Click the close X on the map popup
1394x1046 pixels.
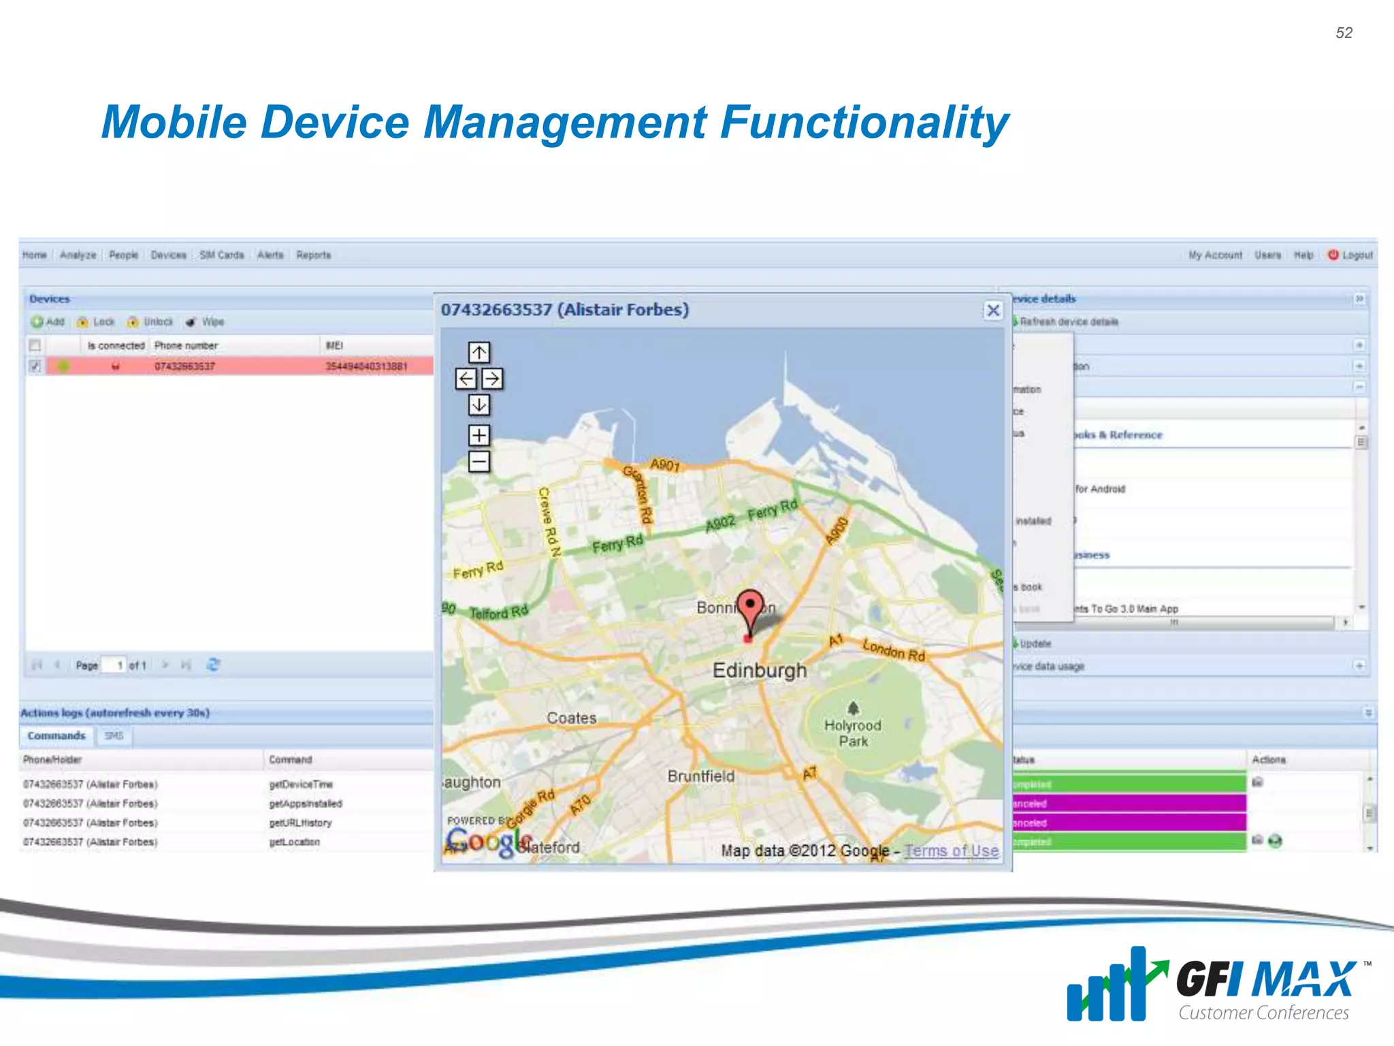pyautogui.click(x=993, y=311)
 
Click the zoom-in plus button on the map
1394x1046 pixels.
pyautogui.click(x=479, y=435)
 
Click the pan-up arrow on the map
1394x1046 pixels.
pyautogui.click(x=479, y=352)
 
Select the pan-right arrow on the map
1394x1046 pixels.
pyautogui.click(x=493, y=379)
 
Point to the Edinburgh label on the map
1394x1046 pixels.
pyautogui.click(x=760, y=670)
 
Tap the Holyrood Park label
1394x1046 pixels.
pyautogui.click(x=853, y=733)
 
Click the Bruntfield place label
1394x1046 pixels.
pyautogui.click(x=701, y=776)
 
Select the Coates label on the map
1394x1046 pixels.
pyautogui.click(x=572, y=718)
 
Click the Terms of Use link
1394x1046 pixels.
pyautogui.click(x=952, y=851)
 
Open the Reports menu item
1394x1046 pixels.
pyautogui.click(x=314, y=255)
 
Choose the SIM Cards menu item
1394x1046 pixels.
pyautogui.click(x=222, y=255)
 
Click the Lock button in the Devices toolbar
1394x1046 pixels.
pyautogui.click(x=97, y=322)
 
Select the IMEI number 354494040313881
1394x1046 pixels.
pyautogui.click(x=367, y=366)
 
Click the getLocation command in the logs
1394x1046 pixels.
pyautogui.click(x=294, y=842)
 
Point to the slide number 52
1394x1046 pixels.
pyautogui.click(x=1344, y=33)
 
